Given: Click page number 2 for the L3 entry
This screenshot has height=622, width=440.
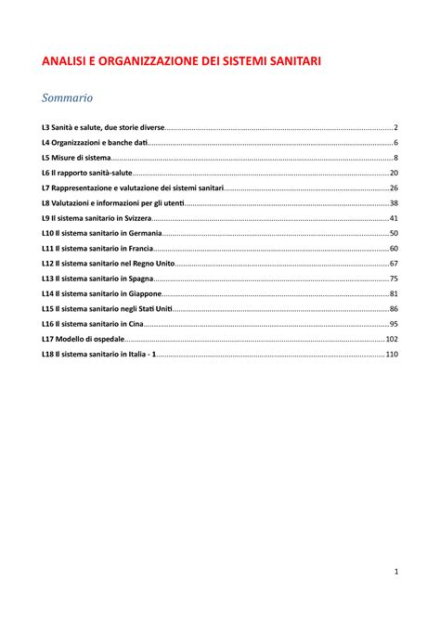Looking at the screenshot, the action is [x=395, y=127].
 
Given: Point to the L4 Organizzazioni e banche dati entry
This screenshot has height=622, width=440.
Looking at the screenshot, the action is [x=95, y=142].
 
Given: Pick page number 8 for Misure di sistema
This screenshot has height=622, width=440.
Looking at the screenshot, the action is [x=395, y=158].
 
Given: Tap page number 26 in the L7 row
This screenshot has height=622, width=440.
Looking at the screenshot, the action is [x=394, y=188].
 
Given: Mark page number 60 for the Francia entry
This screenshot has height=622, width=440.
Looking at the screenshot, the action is [x=394, y=249].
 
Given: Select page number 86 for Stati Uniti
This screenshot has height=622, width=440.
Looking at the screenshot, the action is [x=394, y=309].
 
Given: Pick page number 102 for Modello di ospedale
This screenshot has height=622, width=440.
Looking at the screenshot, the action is [x=392, y=339].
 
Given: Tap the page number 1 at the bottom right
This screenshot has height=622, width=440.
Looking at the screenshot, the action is [x=395, y=571].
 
